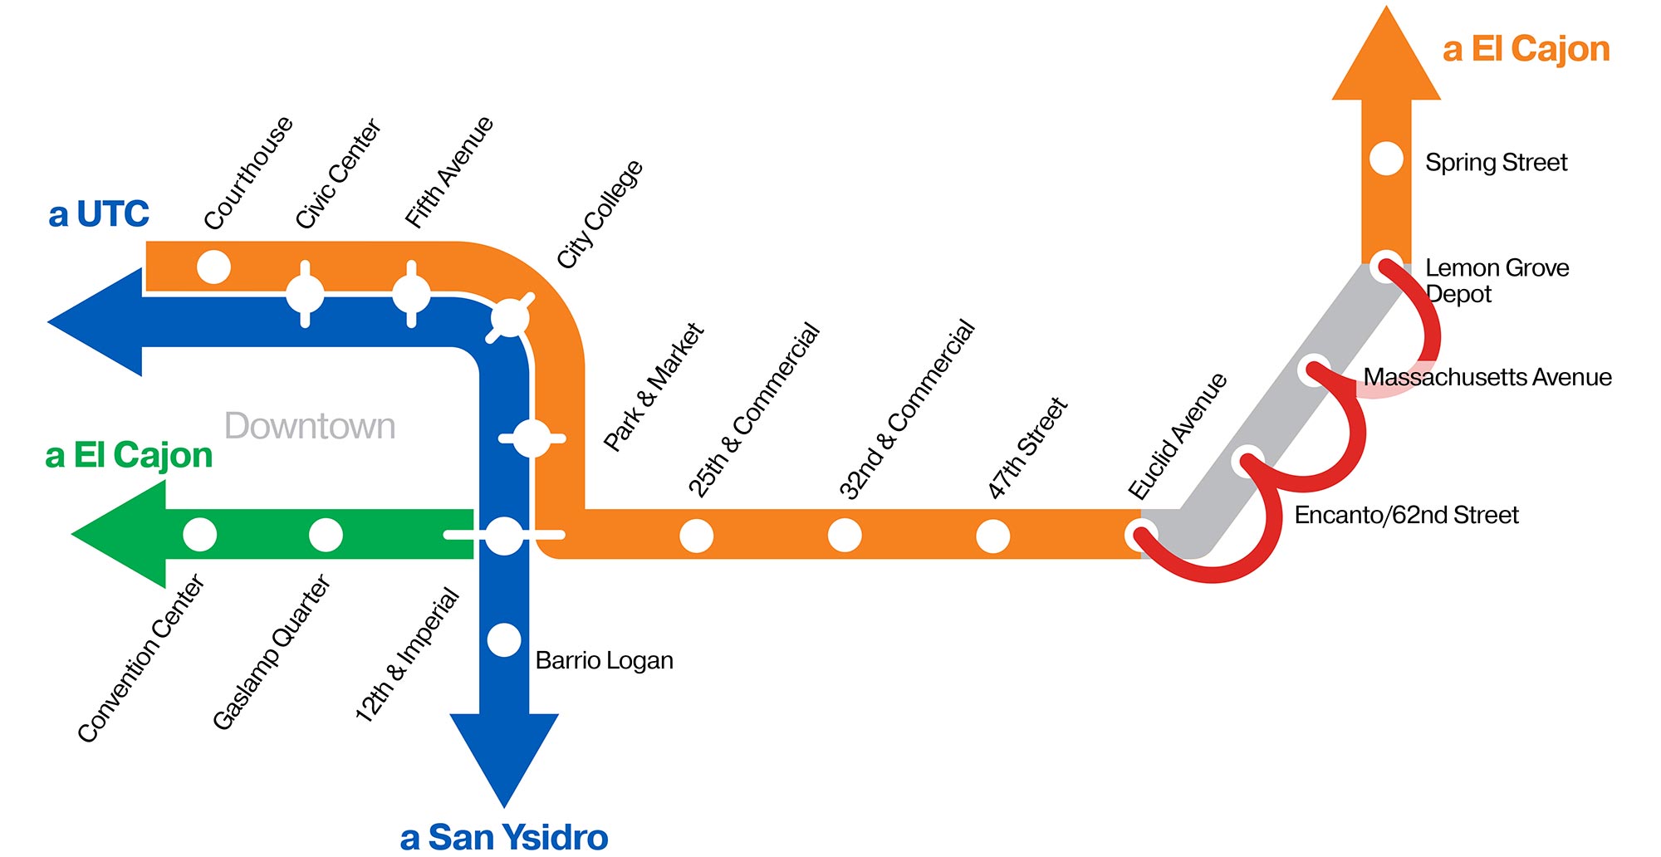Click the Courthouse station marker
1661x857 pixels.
pyautogui.click(x=213, y=267)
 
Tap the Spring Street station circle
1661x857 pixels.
pyautogui.click(x=1386, y=159)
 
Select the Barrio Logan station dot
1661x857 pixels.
pyautogui.click(x=504, y=639)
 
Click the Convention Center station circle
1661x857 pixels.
pyautogui.click(x=199, y=535)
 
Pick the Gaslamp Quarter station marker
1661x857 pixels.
pyautogui.click(x=326, y=535)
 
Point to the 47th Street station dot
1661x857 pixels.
pyautogui.click(x=992, y=536)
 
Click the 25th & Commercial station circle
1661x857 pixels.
pyautogui.click(x=696, y=536)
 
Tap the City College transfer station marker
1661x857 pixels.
pyautogui.click(x=510, y=317)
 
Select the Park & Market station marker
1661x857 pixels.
pyautogui.click(x=532, y=438)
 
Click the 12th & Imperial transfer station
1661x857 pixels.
pyautogui.click(x=504, y=536)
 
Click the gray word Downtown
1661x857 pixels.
pyautogui.click(x=310, y=426)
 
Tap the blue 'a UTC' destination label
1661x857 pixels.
pyautogui.click(x=99, y=214)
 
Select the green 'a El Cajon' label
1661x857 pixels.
pyautogui.click(x=129, y=455)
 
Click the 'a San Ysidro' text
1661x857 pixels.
pyautogui.click(x=504, y=836)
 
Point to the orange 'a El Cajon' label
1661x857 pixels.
pyautogui.click(x=1526, y=49)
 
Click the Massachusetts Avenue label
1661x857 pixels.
pyautogui.click(x=1487, y=377)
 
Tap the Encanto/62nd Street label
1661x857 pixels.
pyautogui.click(x=1406, y=515)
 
